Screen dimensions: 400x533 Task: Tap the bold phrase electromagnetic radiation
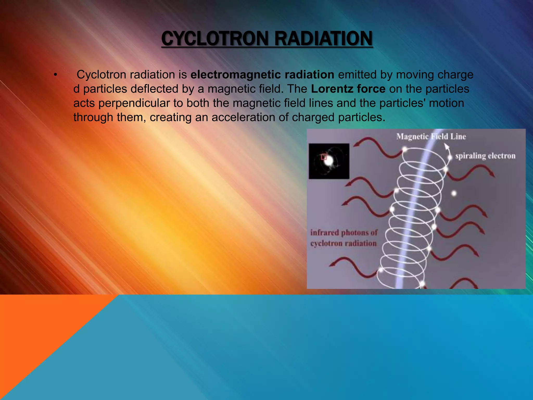coord(262,75)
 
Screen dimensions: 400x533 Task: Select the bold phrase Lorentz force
coord(348,89)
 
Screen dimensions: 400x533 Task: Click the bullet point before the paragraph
coord(55,75)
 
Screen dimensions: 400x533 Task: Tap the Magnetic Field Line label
coord(431,136)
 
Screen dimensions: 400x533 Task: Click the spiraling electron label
coord(485,156)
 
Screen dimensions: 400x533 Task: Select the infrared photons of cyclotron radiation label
coord(344,238)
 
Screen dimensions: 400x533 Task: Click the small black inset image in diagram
coord(329,161)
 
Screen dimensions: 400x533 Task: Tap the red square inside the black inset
coord(324,157)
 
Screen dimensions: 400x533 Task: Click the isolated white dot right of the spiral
coord(454,193)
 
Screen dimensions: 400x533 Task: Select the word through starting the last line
coord(93,117)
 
